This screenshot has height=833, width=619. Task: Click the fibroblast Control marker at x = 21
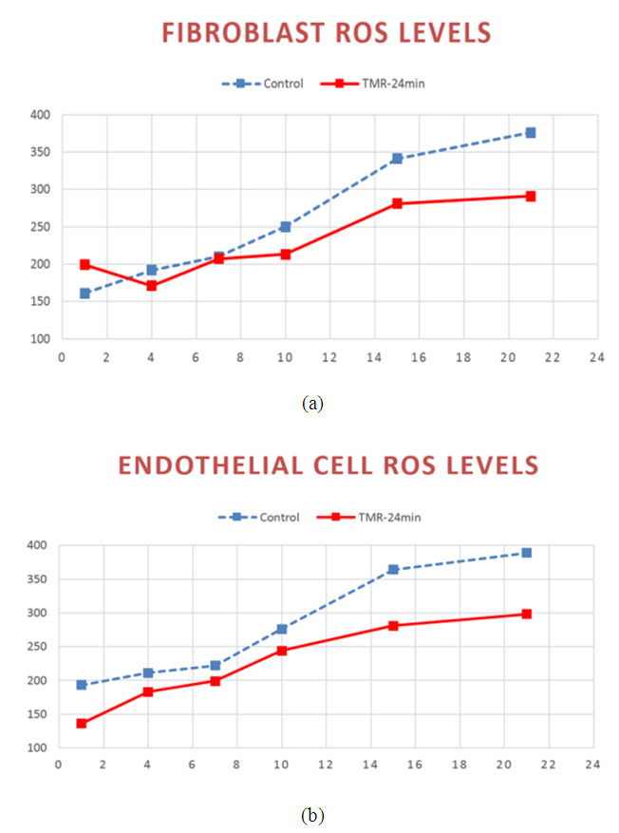pos(530,133)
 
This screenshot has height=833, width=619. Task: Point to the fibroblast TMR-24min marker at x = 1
pos(84,264)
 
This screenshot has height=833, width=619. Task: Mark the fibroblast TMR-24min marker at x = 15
pos(397,203)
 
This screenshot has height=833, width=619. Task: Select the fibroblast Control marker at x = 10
pos(285,227)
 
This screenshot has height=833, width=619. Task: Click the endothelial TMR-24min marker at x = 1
pos(82,724)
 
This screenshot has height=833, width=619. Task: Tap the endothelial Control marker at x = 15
pos(393,570)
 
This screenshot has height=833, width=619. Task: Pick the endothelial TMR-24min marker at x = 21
pos(526,615)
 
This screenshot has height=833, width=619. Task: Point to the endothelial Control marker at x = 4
pos(148,672)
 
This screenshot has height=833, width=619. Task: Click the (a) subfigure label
pos(312,404)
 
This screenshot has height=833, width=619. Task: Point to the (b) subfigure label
pos(310,815)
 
